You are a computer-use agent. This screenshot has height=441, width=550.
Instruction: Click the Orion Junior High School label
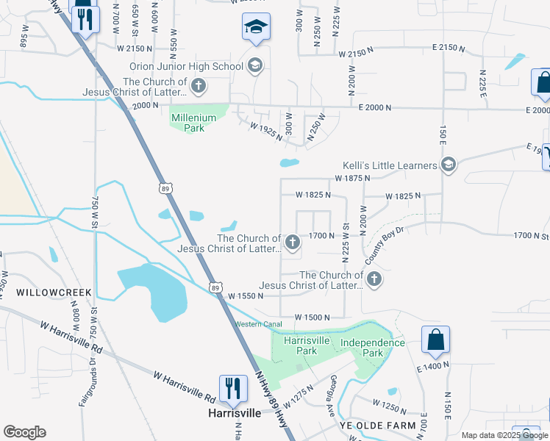click(x=187, y=67)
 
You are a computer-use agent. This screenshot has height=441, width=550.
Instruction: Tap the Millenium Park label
click(x=193, y=122)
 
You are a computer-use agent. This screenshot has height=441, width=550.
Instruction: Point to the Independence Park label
click(x=372, y=348)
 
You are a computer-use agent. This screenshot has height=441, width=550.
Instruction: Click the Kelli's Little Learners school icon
click(x=448, y=165)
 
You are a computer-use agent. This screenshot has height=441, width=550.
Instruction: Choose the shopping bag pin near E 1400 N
click(x=435, y=340)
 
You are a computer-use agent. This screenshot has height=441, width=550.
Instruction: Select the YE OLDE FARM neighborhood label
click(x=376, y=426)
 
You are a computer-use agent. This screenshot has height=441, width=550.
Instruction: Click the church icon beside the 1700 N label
click(x=293, y=242)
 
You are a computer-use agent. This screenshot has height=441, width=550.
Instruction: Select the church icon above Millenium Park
click(x=198, y=87)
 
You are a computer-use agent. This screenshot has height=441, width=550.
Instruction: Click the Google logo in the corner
click(x=24, y=432)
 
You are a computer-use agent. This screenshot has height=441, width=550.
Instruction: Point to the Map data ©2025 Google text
click(x=504, y=435)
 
